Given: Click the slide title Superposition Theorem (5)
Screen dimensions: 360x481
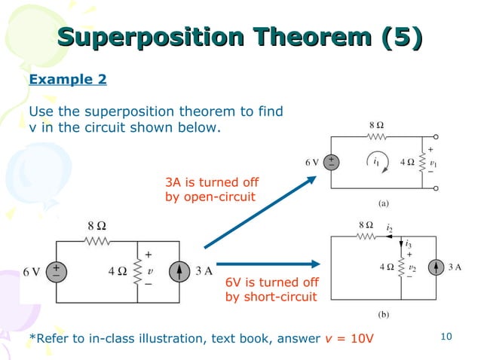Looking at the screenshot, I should pos(240,38).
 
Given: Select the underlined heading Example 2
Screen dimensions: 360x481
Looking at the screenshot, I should pos(67,79).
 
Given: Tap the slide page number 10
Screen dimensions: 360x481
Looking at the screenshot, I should pos(445,336).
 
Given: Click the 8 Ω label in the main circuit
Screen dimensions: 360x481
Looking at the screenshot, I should pos(97,224).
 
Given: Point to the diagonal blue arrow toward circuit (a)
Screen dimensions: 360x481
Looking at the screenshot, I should pos(260,211).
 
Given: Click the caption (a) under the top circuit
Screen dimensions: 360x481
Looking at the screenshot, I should pos(383,203).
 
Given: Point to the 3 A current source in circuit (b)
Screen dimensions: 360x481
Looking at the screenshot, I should pos(436,267).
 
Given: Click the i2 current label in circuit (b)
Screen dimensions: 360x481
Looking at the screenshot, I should pos(390,226).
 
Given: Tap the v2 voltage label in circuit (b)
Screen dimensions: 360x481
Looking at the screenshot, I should pos(412,267).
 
